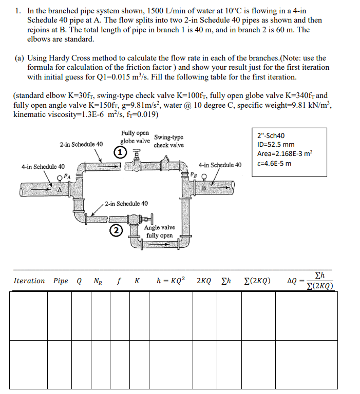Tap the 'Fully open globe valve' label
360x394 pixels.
135,137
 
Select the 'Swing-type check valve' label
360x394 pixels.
168,141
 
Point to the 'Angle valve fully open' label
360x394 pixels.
159,231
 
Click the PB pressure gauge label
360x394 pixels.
193,174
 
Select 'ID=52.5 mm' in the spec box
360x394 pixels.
276,144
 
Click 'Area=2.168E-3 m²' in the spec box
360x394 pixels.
285,153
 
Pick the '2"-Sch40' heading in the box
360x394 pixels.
271,135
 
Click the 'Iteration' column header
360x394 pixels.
29,281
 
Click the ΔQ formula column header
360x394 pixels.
310,281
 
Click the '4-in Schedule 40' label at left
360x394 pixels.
43,167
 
